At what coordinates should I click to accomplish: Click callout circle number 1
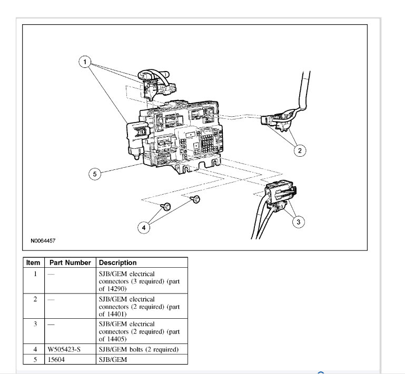click(84, 62)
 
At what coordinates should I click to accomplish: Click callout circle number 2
click(300, 151)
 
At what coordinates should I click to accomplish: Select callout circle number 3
click(298, 222)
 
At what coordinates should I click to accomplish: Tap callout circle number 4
click(143, 228)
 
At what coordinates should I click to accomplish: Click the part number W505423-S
click(63, 348)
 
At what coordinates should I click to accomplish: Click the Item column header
click(33, 262)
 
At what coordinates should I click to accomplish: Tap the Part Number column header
click(70, 262)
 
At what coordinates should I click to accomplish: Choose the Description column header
click(117, 262)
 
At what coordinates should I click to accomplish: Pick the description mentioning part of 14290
click(139, 281)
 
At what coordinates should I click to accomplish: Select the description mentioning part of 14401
click(139, 306)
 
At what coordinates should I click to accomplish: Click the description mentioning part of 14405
click(139, 331)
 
